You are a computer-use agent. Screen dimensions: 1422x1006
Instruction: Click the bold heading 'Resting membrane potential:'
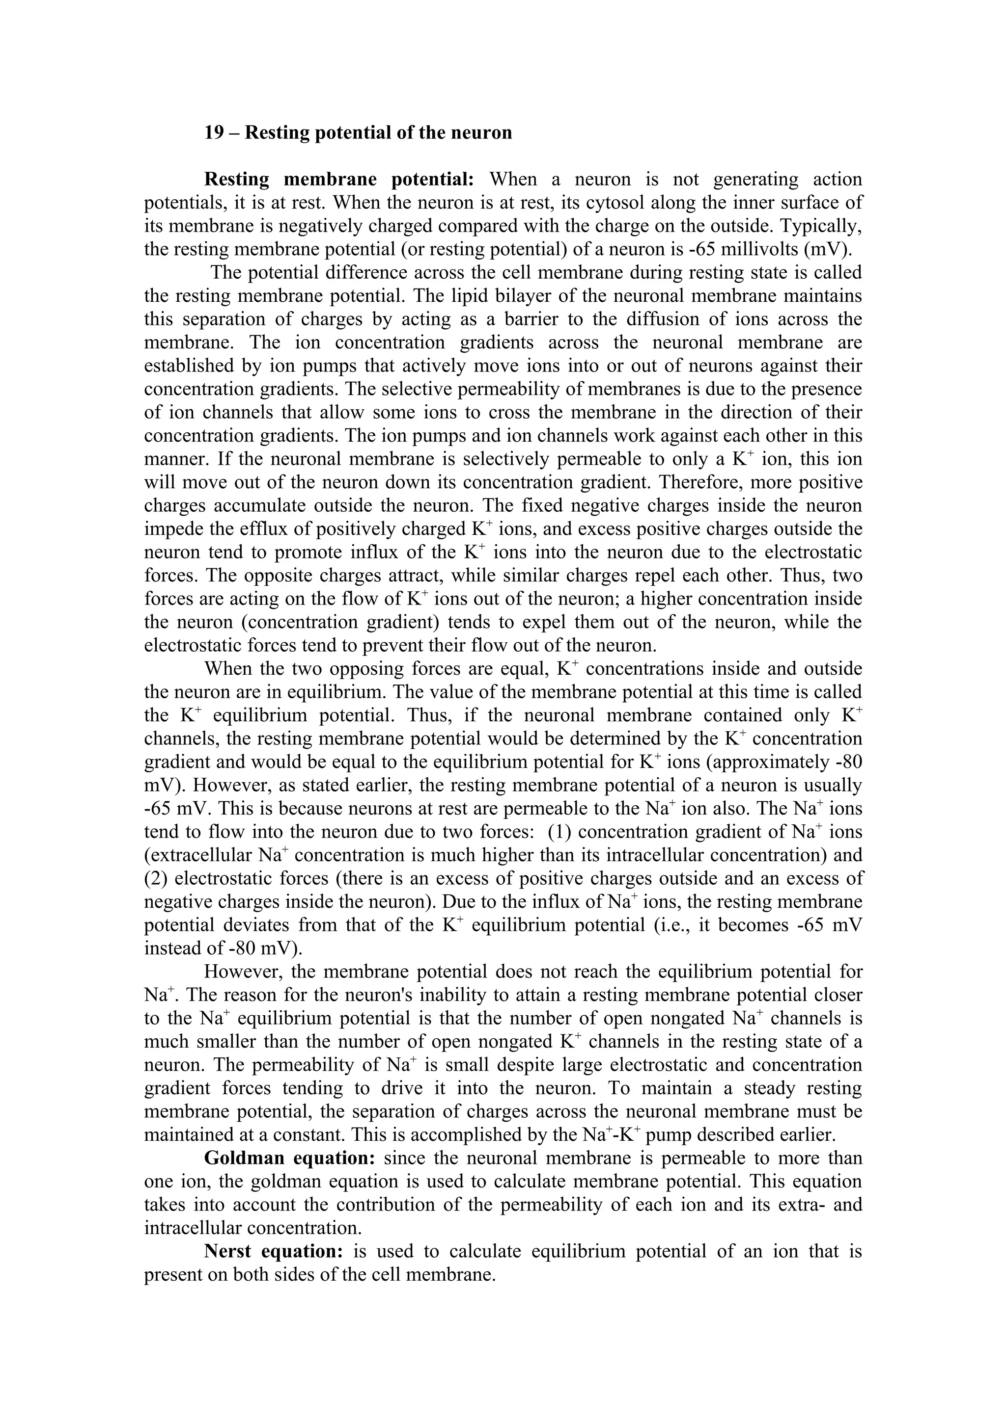tap(339, 180)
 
